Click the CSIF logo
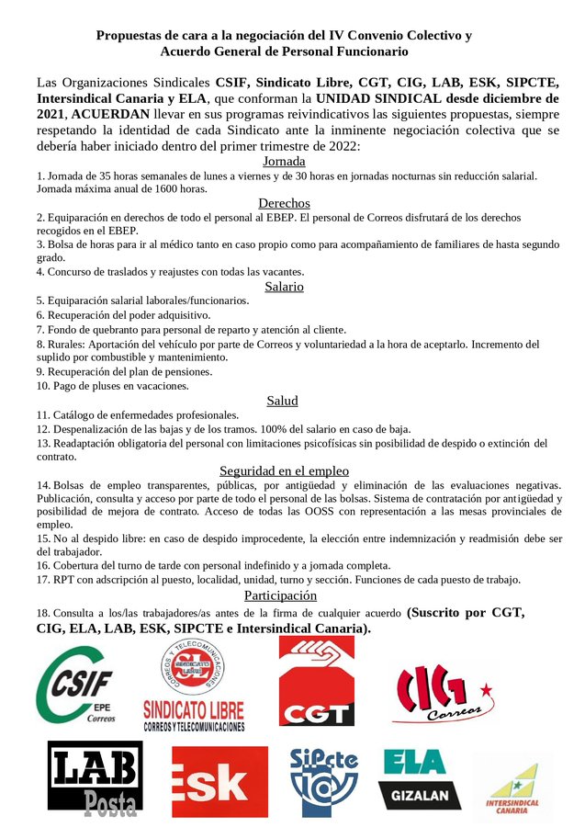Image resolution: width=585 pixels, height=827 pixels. (x=76, y=685)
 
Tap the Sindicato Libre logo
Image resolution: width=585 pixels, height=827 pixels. (x=194, y=685)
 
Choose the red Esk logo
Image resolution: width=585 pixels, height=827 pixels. (x=219, y=781)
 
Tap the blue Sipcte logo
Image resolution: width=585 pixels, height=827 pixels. (x=324, y=777)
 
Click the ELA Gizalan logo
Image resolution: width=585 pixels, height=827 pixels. (x=414, y=777)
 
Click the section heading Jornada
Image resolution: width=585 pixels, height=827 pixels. (x=284, y=160)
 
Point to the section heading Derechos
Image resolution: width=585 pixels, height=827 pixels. (x=284, y=203)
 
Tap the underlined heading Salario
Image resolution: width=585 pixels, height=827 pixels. (x=284, y=287)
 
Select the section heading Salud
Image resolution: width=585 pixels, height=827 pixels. (x=283, y=401)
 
